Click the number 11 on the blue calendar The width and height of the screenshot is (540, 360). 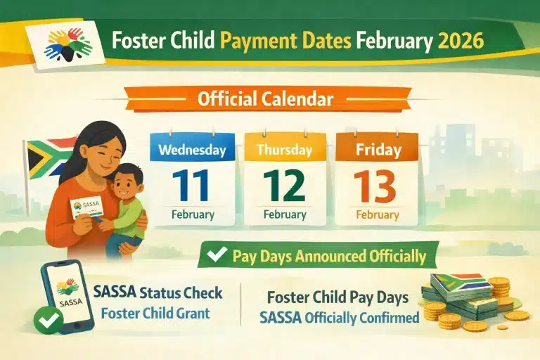coord(192,185)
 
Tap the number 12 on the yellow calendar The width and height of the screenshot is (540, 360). coord(284,185)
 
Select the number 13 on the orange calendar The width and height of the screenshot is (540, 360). coord(377,185)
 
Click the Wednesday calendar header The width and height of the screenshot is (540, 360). coord(192,150)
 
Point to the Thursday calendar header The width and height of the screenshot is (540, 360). coord(284,150)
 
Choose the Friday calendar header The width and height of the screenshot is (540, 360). coord(377,150)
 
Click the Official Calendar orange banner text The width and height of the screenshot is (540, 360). coord(265,99)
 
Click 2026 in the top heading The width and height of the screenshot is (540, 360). coord(461,40)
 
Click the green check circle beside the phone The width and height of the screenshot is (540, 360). coord(47,322)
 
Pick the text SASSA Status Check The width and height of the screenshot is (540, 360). coord(157,292)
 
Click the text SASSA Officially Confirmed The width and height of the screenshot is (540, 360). coord(339,317)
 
